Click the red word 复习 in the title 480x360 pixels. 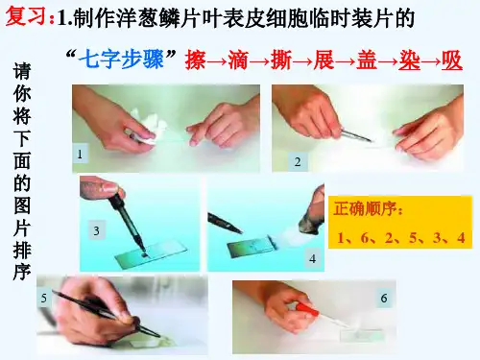tap(27, 16)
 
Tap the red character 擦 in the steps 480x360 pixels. tap(195, 60)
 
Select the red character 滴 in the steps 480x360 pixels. tap(238, 60)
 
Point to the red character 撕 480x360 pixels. tap(281, 60)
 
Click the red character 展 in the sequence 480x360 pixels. tap(324, 60)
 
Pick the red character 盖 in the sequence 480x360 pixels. tap(367, 60)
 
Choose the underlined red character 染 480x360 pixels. tap(410, 60)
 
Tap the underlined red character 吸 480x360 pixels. tap(452, 60)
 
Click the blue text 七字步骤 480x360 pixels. tap(121, 60)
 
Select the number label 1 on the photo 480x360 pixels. tap(80, 155)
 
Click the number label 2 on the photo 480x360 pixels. tap(298, 162)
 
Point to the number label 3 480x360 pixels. tap(96, 230)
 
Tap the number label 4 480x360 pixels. tap(313, 258)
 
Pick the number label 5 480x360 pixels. tap(44, 299)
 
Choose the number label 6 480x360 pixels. tap(384, 299)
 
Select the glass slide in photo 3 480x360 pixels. tap(151, 255)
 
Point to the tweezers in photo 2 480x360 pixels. tap(355, 135)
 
